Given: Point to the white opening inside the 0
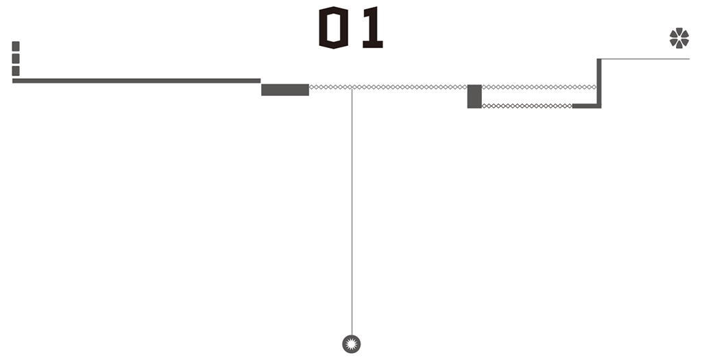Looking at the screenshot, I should (x=334, y=28).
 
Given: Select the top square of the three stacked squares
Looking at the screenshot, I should (x=16, y=46).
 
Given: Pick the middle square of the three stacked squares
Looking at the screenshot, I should (x=16, y=58).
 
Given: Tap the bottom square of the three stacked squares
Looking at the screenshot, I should (x=16, y=71).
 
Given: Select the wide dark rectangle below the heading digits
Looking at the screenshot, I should (x=285, y=90).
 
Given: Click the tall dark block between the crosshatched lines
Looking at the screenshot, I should (x=474, y=96).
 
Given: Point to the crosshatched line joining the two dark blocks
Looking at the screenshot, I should (x=411, y=87).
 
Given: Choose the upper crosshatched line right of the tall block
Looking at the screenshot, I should (x=539, y=87).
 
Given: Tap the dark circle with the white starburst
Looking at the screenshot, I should (x=351, y=344).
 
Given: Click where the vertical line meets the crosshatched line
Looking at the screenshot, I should (x=352, y=87).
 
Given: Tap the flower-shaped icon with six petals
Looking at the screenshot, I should (x=679, y=38).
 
